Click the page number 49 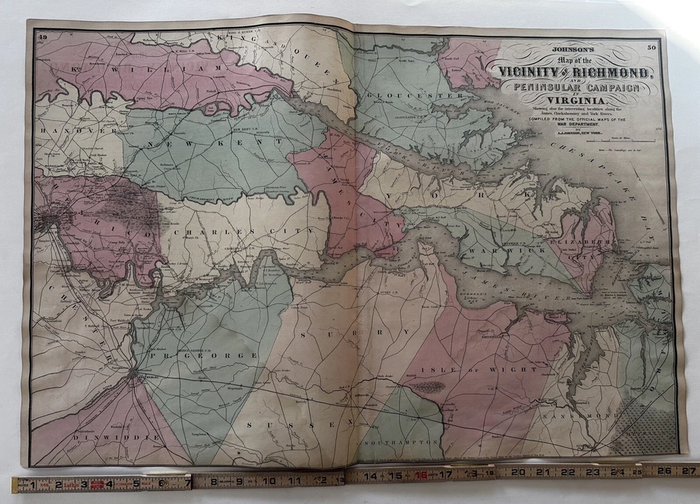[43, 36]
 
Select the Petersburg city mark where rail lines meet [133, 375]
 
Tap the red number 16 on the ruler [421, 476]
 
